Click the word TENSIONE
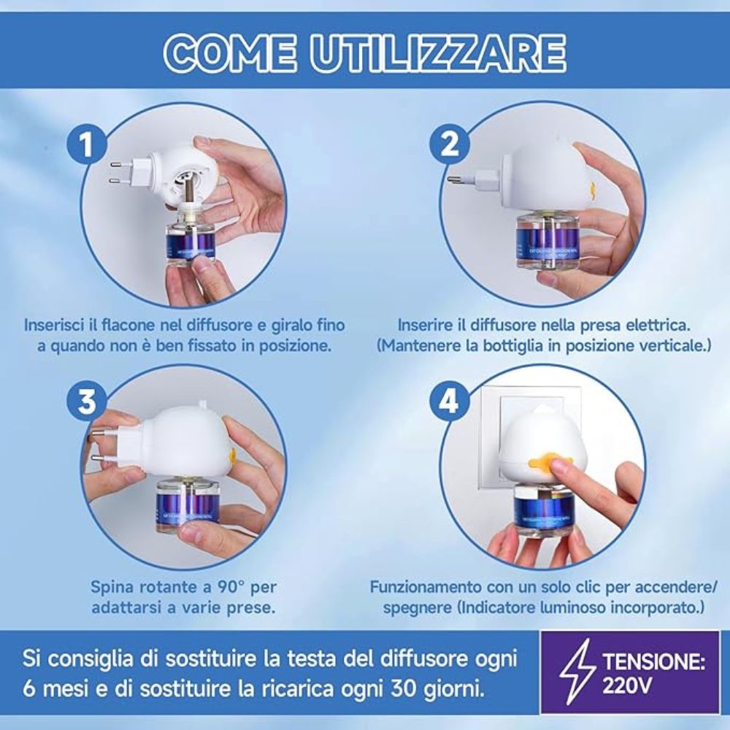pyautogui.click(x=653, y=662)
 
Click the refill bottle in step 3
pyautogui.click(x=189, y=503)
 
